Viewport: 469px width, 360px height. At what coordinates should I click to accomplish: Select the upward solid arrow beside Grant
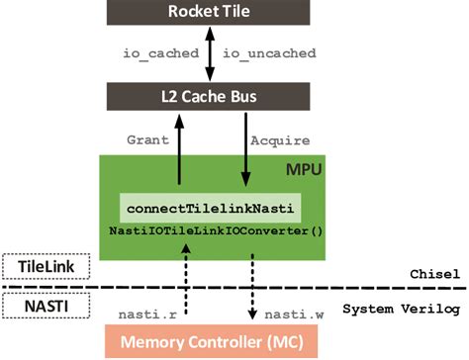coord(179,145)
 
